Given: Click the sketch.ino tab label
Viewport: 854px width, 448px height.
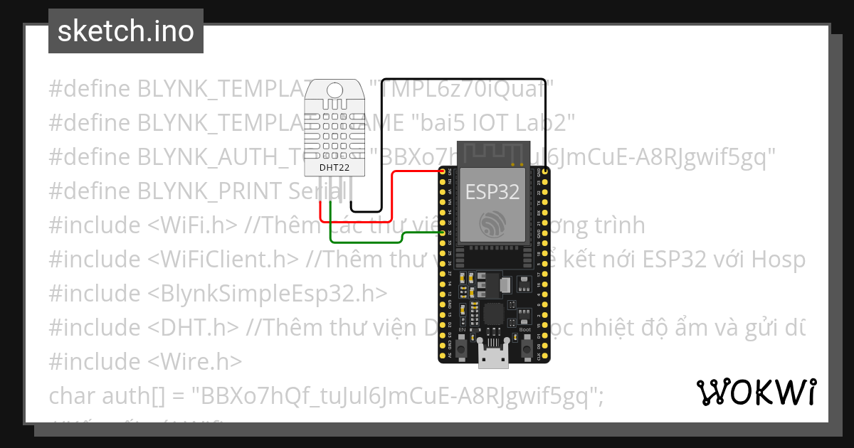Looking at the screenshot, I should click(x=126, y=31).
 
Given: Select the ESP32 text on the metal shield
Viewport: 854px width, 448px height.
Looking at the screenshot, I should click(x=492, y=191).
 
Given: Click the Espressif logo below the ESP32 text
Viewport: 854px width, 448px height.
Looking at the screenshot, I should click(x=492, y=225).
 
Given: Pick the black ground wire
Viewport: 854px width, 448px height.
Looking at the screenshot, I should click(x=463, y=79).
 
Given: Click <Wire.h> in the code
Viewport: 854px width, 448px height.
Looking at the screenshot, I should click(x=195, y=362).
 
